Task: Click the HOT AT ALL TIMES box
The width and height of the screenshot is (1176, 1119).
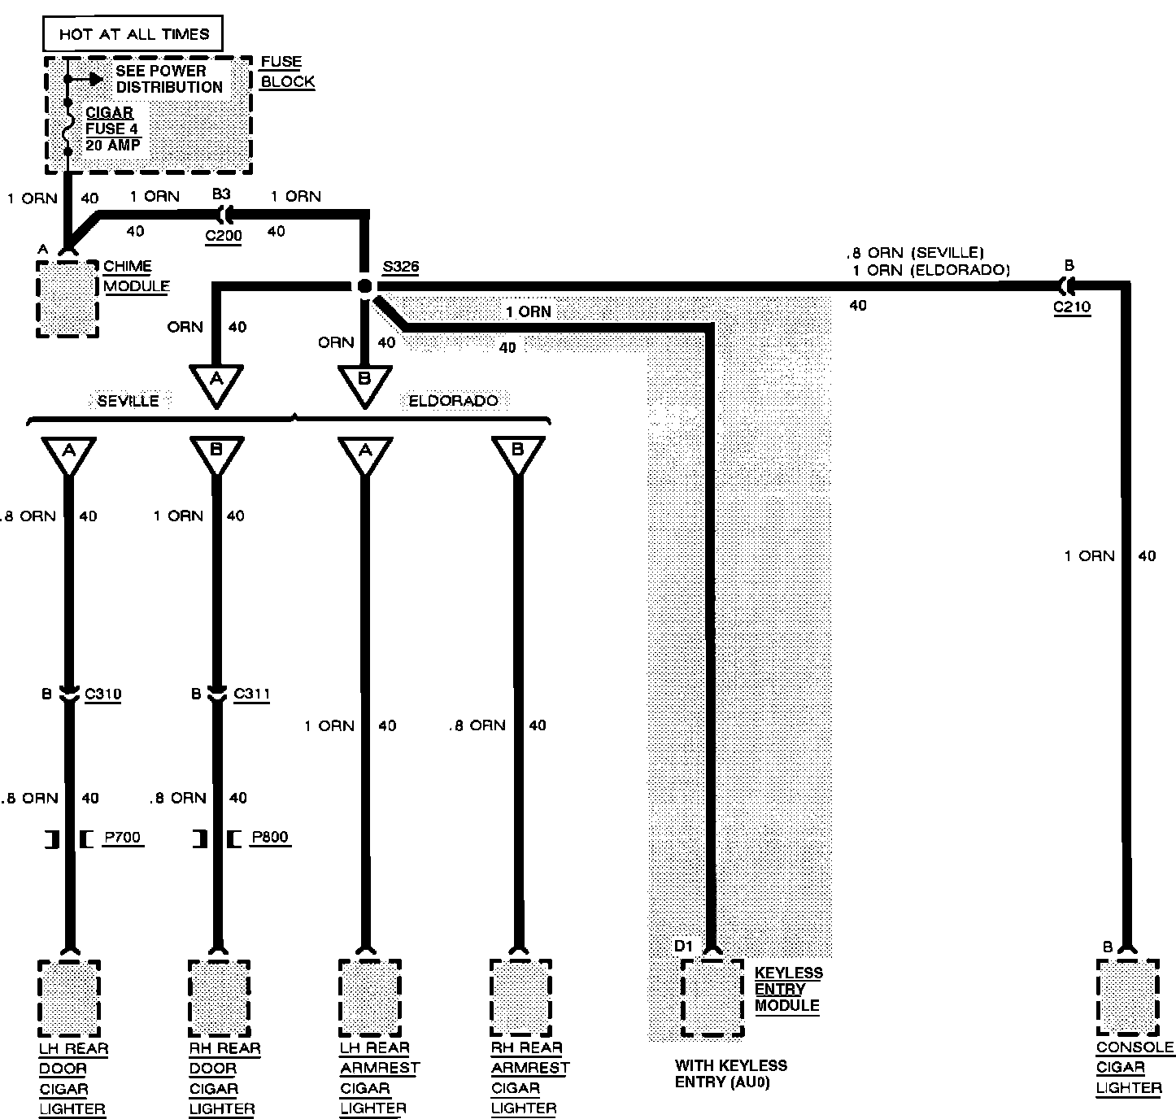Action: (x=133, y=34)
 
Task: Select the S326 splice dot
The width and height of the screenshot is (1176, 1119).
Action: (x=364, y=285)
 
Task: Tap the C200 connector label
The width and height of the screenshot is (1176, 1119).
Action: (x=223, y=236)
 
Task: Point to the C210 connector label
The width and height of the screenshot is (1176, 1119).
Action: (x=1072, y=307)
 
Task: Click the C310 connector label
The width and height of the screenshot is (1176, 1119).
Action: (x=103, y=694)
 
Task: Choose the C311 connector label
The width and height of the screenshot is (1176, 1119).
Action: (x=251, y=694)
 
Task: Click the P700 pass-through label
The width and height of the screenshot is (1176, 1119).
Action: (x=122, y=838)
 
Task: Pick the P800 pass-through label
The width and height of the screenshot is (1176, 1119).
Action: (x=270, y=838)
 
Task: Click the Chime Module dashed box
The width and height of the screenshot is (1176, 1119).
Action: (x=68, y=298)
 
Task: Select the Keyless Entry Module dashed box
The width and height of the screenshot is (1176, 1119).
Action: (x=712, y=998)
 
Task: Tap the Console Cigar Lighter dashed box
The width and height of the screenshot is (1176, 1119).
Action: (x=1127, y=998)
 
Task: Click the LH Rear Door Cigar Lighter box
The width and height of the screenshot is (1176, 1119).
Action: (x=69, y=998)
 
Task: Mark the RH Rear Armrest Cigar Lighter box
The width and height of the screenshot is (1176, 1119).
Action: (x=520, y=998)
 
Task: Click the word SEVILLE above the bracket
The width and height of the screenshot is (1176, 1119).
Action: (x=128, y=401)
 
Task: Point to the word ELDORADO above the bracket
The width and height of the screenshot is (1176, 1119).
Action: (x=453, y=401)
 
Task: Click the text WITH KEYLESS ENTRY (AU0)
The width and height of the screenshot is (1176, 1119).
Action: (x=730, y=1073)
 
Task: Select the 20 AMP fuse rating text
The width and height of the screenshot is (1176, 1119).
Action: (x=112, y=145)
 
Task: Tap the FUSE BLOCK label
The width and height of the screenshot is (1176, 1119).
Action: (x=287, y=72)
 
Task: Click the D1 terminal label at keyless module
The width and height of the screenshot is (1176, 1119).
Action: (x=683, y=946)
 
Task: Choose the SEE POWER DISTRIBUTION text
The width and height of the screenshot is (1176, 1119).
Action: (x=168, y=79)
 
